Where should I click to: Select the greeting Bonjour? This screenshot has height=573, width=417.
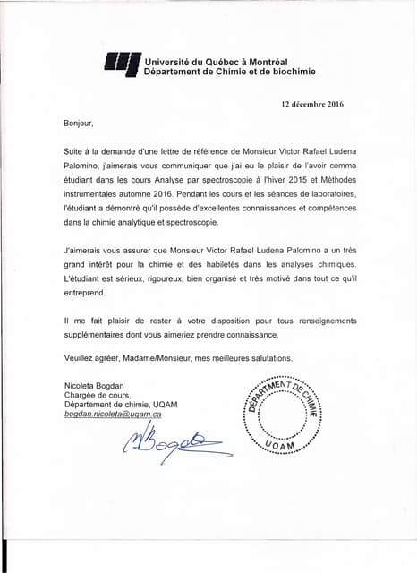pyautogui.click(x=78, y=122)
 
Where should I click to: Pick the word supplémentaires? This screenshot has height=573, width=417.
pyautogui.click(x=99, y=334)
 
